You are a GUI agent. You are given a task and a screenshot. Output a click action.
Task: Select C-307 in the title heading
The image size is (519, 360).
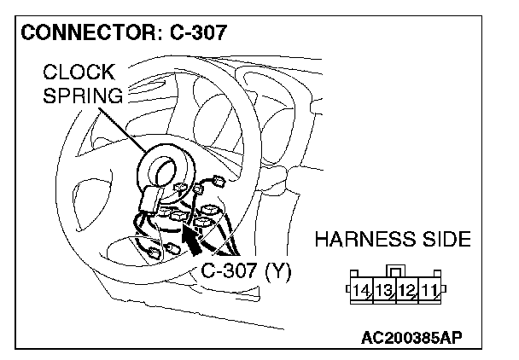pos(198,32)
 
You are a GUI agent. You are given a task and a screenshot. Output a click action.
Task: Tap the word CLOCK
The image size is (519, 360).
pos(79,72)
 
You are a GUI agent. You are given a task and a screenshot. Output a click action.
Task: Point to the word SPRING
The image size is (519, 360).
pos(83,96)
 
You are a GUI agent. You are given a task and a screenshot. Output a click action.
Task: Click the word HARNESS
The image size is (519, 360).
pos(365,239)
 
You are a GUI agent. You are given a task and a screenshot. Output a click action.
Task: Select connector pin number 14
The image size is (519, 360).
pos(361,291)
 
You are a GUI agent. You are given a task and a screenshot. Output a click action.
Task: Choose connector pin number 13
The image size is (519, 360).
pos(384,291)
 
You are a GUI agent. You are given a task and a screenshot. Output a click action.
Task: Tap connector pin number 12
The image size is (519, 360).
pos(407,291)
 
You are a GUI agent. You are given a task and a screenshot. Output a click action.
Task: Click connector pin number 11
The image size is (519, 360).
pos(429,291)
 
